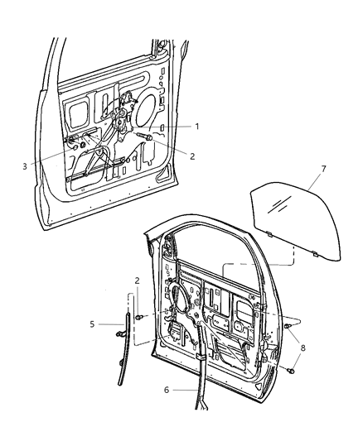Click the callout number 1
point(197,126)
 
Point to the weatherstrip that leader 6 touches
point(201,389)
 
